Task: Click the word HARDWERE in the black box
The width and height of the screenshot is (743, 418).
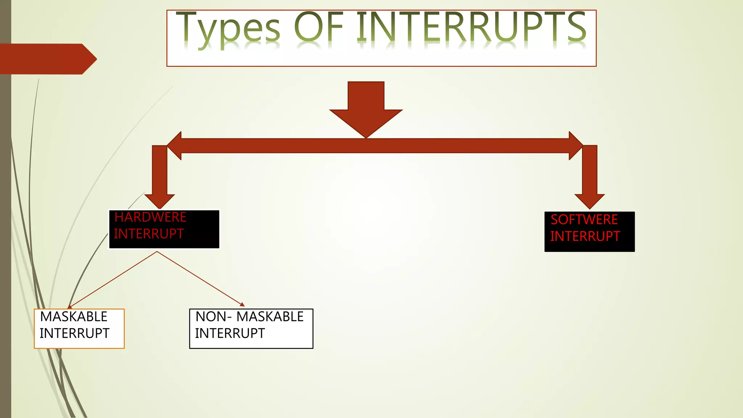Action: point(150,217)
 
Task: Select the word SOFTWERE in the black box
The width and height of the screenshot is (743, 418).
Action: point(584,220)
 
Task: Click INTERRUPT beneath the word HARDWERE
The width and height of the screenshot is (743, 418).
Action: point(149,234)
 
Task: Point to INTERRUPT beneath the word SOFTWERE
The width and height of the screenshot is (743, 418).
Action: point(585,237)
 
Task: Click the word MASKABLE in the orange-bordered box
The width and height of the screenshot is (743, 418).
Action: point(74,317)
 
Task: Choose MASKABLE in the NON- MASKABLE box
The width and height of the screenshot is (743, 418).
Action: point(270,317)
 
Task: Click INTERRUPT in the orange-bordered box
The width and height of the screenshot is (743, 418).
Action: point(74,333)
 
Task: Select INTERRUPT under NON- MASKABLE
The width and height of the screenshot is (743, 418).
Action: point(230,333)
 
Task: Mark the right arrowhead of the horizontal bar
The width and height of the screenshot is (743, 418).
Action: point(575,146)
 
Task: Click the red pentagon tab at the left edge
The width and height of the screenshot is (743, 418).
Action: point(47,59)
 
